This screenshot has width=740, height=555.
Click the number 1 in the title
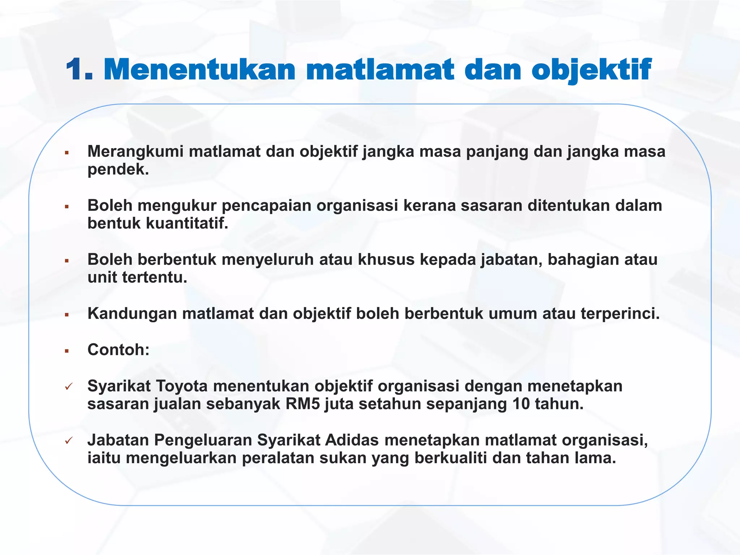(77, 69)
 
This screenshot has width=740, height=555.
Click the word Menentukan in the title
(199, 69)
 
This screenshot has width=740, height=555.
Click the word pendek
(118, 169)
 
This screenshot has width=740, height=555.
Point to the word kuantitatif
(187, 223)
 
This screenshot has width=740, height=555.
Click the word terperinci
(620, 314)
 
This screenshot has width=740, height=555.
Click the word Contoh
(116, 350)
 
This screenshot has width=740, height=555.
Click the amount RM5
(302, 404)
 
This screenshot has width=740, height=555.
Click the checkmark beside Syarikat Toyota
(69, 387)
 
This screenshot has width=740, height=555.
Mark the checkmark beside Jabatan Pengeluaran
(69, 441)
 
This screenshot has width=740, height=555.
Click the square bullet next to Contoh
(67, 351)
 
